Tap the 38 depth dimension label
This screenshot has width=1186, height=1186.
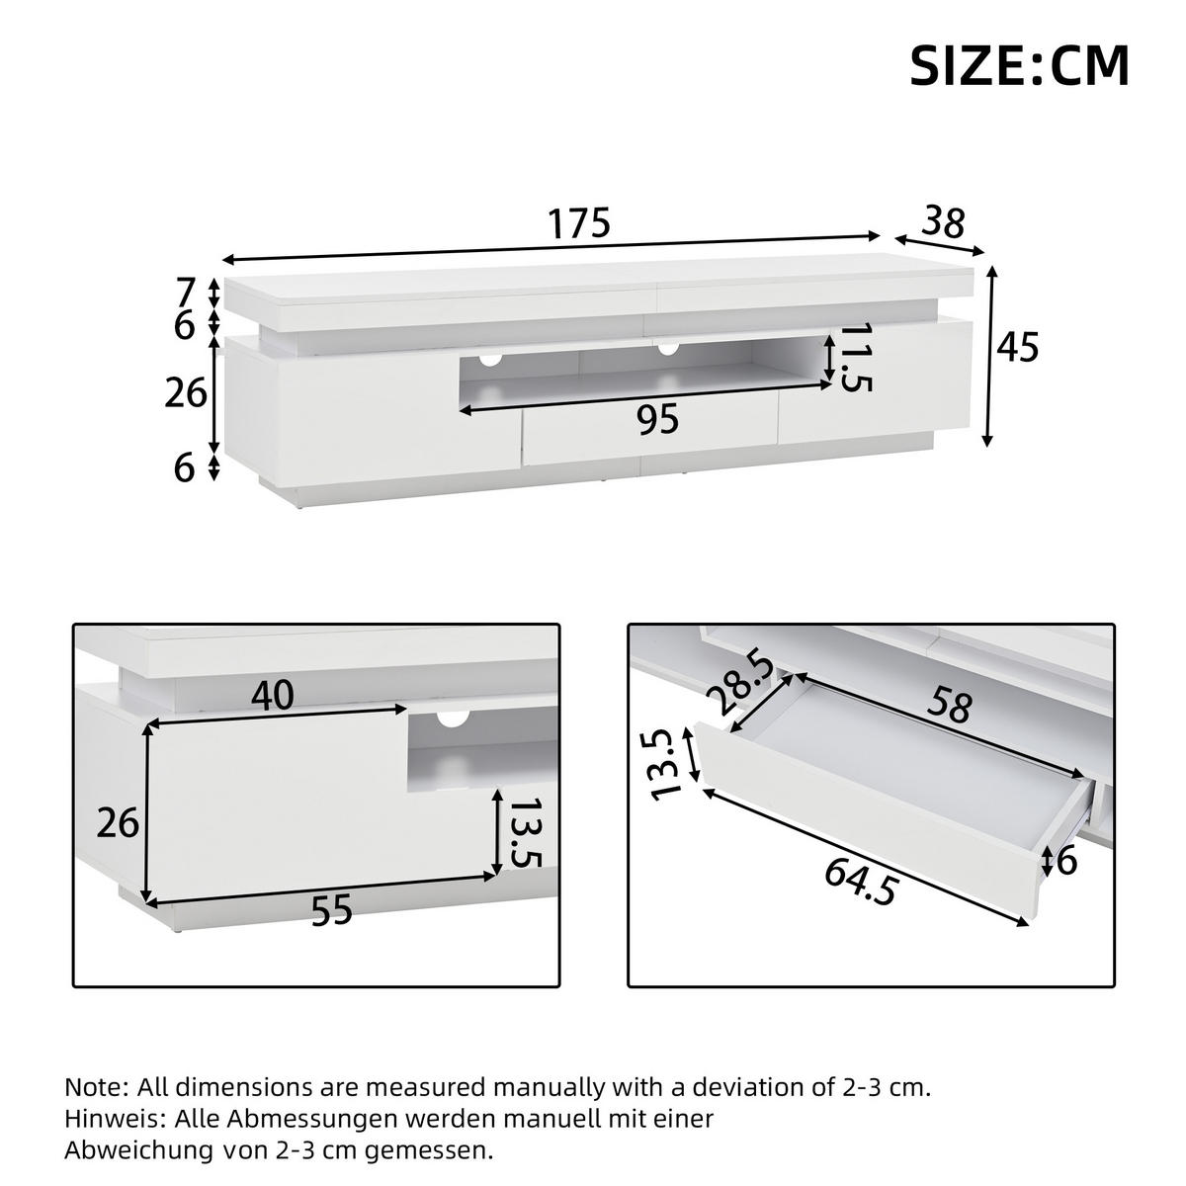944,222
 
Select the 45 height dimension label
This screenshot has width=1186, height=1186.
1018,348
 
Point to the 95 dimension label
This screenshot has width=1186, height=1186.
657,420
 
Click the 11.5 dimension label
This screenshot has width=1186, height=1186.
857,358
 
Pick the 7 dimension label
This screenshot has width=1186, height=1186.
185,293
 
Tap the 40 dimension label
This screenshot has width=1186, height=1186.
272,697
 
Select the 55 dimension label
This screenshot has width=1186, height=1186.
331,911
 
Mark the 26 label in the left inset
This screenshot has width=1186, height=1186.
118,822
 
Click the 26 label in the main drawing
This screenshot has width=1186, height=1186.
185,393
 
